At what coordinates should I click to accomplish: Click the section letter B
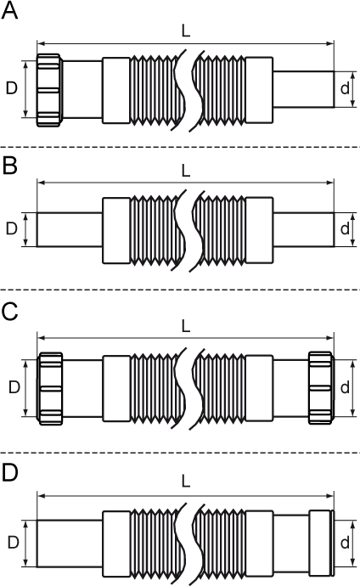coord(9,166)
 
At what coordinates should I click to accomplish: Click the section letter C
coord(9,312)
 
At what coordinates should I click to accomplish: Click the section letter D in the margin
coord(9,472)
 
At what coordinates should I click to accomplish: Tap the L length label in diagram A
coord(186,31)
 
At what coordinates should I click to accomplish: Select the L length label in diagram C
coord(186,326)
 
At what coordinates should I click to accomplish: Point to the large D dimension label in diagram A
coord(12,88)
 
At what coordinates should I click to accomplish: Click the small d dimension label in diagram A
coord(345,88)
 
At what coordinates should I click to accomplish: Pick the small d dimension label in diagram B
coord(345,228)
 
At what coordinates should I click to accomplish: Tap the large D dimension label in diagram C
coord(14,387)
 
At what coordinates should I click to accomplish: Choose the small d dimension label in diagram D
coord(345,542)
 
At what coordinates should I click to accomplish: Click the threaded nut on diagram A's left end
coord(49,90)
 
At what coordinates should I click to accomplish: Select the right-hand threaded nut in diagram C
coord(321,387)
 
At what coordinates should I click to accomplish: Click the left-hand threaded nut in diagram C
coord(50,388)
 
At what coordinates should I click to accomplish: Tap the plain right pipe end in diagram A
coord(304,89)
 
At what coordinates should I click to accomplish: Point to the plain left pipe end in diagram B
coord(70,229)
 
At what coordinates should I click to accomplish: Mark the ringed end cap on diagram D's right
coord(322,543)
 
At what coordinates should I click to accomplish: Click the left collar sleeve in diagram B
coord(116,230)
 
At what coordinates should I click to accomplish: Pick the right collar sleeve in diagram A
coord(259,90)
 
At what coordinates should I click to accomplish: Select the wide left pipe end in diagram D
coord(70,543)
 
